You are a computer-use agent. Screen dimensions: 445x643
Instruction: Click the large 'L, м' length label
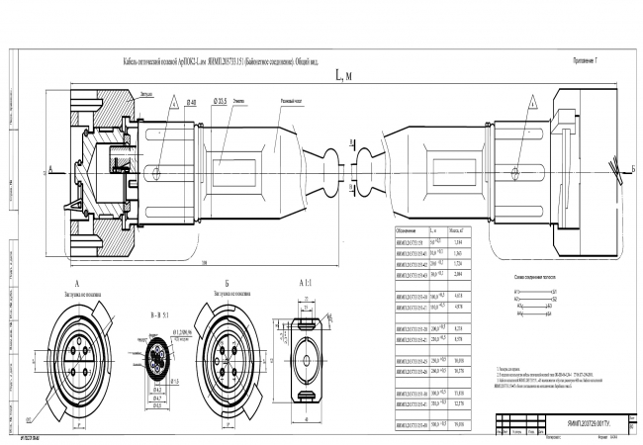tap(344, 75)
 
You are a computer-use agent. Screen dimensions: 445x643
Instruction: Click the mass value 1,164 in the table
tap(456, 242)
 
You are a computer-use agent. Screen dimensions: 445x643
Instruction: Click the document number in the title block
tap(583, 419)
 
